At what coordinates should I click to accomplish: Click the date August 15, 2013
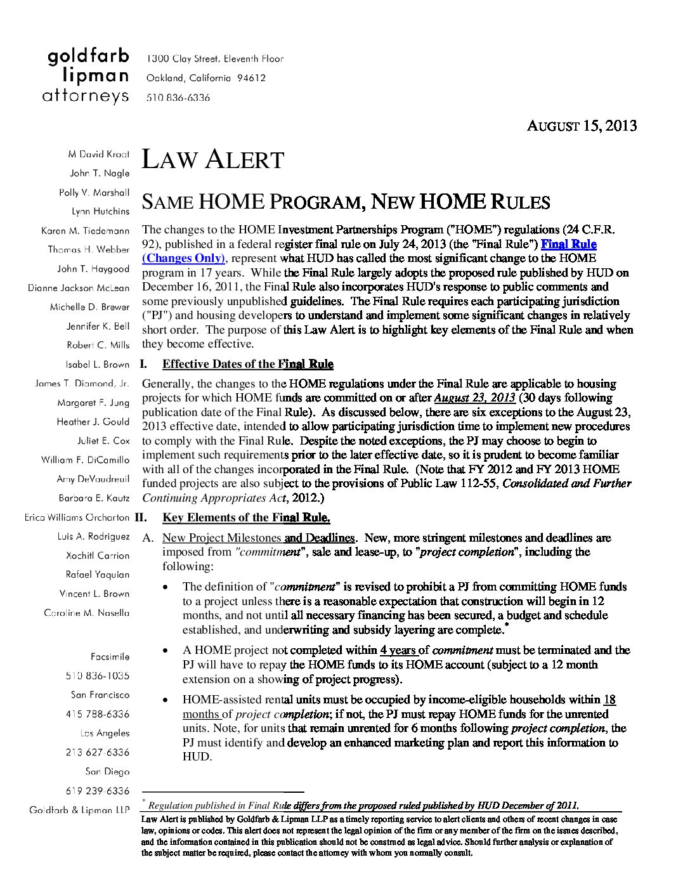point(582,126)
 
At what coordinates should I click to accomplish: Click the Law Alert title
point(212,159)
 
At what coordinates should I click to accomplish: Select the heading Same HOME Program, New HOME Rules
point(346,202)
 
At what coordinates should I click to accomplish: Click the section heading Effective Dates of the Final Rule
point(247,364)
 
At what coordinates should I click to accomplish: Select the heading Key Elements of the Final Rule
point(246,518)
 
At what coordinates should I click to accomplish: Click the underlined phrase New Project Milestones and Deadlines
point(258,538)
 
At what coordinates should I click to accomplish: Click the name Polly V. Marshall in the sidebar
point(94,192)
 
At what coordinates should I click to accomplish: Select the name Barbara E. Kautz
point(94,498)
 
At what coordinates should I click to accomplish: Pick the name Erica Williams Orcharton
point(77,517)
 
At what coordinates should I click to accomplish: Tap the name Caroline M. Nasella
point(86,613)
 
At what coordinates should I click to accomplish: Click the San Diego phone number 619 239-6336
point(97,791)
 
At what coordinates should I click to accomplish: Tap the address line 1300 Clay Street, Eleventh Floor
point(215,59)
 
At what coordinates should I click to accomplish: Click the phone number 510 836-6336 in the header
point(178,98)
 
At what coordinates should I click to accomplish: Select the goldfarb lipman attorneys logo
point(88,76)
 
